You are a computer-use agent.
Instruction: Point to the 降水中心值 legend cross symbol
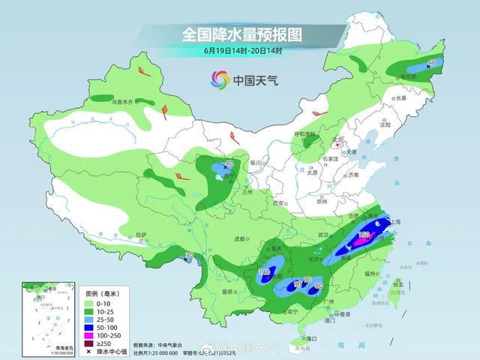click(x=90, y=351)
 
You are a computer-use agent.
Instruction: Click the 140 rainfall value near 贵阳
click(x=264, y=272)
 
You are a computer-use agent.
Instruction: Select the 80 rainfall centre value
click(x=319, y=285)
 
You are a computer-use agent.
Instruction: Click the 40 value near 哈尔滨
click(x=431, y=64)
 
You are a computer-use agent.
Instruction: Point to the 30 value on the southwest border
click(x=189, y=256)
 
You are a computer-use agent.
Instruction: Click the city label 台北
click(x=398, y=285)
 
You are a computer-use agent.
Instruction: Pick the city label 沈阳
click(x=385, y=125)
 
